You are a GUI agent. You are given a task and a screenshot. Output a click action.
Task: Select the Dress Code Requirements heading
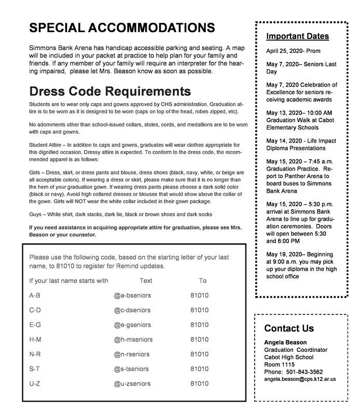110,91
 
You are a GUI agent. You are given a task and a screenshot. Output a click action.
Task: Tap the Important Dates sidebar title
297,36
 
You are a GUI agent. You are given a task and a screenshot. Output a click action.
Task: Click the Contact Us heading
288,328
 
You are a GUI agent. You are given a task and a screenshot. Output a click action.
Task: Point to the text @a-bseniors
132,295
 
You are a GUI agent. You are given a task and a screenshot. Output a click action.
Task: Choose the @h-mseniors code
132,339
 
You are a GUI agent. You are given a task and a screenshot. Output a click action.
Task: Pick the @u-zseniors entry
132,384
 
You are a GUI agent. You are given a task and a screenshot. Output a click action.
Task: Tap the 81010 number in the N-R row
200,355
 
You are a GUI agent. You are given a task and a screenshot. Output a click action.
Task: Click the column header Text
146,281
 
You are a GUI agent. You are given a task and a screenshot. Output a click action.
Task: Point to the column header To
202,281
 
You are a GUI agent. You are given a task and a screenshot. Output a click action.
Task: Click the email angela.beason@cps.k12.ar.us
300,379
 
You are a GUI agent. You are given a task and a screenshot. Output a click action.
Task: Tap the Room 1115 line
279,364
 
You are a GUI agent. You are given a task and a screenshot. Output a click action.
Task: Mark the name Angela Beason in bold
285,342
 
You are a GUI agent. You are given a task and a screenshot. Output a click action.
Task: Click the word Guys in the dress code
36,215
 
